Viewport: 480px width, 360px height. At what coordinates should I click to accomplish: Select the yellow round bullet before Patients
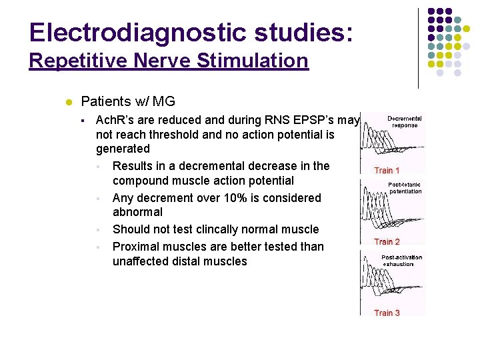coord(68,102)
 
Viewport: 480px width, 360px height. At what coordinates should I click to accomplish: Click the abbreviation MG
coord(164,101)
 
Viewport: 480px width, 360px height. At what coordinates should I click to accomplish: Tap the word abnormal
coord(137,212)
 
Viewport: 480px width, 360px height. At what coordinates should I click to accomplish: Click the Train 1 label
coord(387,171)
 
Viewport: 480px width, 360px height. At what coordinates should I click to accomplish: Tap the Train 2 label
coord(387,242)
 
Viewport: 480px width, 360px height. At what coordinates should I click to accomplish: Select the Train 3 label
coord(387,313)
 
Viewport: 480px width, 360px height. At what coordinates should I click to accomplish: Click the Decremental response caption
coord(405,121)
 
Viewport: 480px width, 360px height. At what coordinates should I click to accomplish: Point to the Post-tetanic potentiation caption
coord(405,187)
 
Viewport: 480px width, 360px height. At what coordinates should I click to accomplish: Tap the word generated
coord(123,149)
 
